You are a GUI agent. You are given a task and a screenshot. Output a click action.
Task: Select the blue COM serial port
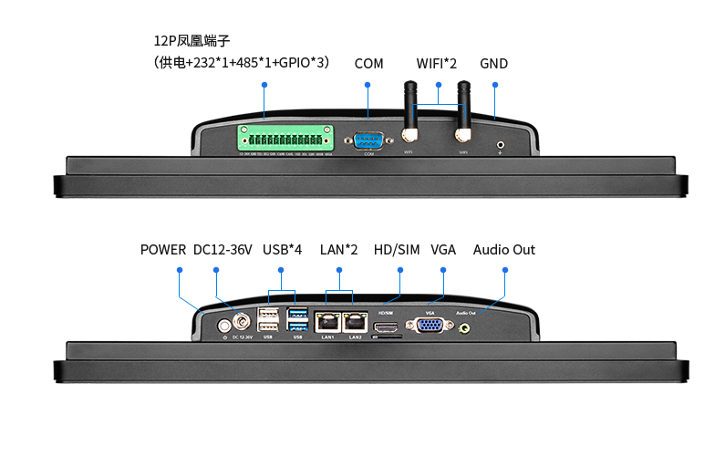[369, 140]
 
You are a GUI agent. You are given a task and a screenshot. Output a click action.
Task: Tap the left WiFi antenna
[410, 114]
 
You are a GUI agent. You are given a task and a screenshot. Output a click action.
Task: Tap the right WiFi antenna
[463, 114]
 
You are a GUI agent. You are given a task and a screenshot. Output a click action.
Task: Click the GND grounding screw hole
[501, 143]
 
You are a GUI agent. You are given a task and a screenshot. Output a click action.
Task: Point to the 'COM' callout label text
[368, 64]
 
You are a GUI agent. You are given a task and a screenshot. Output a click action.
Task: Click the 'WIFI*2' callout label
[436, 64]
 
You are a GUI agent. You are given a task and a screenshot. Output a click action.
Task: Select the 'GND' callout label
[493, 64]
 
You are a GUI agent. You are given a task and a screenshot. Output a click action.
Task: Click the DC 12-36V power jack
[243, 322]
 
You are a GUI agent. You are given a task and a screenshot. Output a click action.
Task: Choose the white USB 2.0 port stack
[269, 320]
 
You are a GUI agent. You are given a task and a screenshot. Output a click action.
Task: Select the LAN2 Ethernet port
[354, 322]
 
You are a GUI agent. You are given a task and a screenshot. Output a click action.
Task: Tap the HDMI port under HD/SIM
[386, 325]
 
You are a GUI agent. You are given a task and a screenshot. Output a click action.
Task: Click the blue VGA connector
[430, 325]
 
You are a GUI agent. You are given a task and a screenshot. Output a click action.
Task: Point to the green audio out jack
[465, 326]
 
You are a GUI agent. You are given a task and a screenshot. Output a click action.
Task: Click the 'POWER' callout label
[163, 250]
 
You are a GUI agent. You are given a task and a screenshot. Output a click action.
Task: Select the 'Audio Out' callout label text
[503, 250]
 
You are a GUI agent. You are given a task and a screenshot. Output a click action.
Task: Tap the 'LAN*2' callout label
[339, 250]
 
